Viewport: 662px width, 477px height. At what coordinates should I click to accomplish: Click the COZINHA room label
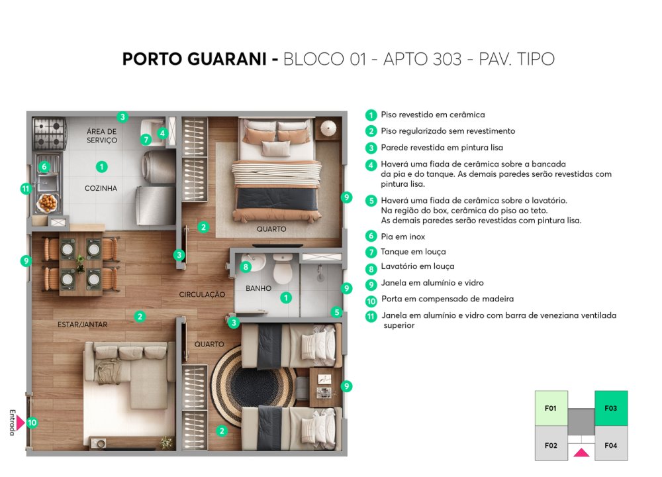pyautogui.click(x=101, y=188)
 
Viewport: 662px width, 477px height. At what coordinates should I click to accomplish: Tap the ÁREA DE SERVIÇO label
pyautogui.click(x=102, y=136)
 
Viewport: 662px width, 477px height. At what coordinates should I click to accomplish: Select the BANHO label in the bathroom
pyautogui.click(x=258, y=288)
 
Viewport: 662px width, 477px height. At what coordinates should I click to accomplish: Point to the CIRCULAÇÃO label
pyautogui.click(x=202, y=294)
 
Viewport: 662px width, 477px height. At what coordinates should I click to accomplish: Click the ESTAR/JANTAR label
pyautogui.click(x=82, y=325)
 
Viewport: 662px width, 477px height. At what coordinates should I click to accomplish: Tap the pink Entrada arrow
pyautogui.click(x=20, y=422)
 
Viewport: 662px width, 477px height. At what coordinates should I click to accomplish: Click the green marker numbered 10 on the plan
pyautogui.click(x=32, y=423)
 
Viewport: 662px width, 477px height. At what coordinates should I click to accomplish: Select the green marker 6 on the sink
pyautogui.click(x=44, y=167)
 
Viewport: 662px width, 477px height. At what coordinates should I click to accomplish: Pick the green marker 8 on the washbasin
pyautogui.click(x=246, y=267)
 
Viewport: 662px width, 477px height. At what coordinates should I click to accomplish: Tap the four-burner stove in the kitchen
pyautogui.click(x=50, y=134)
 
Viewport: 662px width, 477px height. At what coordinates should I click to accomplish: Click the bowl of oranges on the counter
pyautogui.click(x=48, y=203)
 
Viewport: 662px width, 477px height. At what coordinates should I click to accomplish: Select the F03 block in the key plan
pyautogui.click(x=611, y=408)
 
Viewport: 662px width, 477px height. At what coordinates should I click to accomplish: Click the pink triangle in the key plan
pyautogui.click(x=581, y=452)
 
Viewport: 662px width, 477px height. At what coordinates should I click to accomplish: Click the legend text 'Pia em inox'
pyautogui.click(x=402, y=237)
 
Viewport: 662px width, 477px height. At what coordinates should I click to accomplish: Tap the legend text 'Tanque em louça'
pyautogui.click(x=413, y=252)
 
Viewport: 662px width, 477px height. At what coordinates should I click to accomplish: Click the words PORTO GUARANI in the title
pyautogui.click(x=195, y=59)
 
